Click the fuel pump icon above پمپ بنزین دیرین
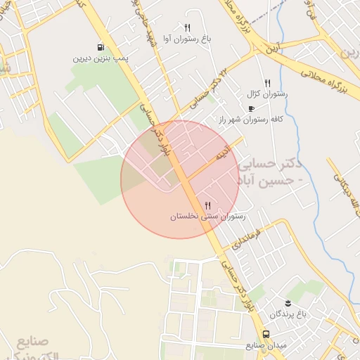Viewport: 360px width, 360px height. click(x=103, y=47)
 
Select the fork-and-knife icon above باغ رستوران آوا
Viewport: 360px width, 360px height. click(x=187, y=27)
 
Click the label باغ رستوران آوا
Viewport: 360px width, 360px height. click(x=187, y=40)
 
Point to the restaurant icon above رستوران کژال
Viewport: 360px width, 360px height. click(x=267, y=83)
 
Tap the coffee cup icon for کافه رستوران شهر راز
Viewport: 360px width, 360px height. click(x=252, y=109)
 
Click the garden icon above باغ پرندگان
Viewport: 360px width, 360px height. click(x=287, y=302)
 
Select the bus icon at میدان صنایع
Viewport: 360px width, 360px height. click(x=266, y=335)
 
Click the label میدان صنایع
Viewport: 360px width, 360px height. click(x=264, y=346)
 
